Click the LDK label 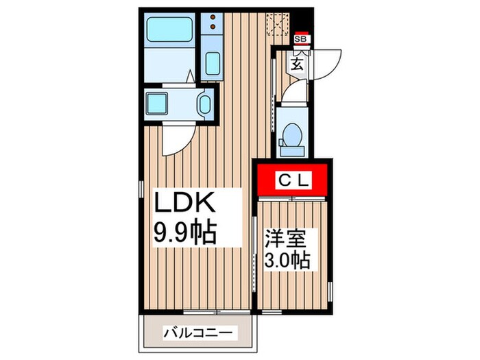click(x=185, y=204)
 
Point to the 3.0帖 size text click(x=287, y=261)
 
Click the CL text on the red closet click(x=294, y=180)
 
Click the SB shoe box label click(x=300, y=39)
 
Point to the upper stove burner click(x=213, y=16)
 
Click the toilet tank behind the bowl click(x=292, y=149)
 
